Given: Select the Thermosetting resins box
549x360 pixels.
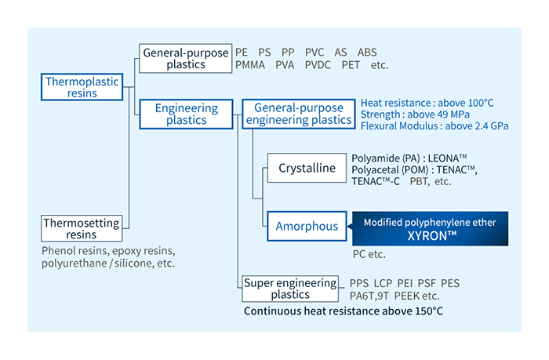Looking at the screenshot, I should pyautogui.click(x=82, y=228).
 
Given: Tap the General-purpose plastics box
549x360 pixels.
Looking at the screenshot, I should pyautogui.click(x=185, y=58).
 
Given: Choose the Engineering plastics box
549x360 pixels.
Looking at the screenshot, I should pyautogui.click(x=185, y=114).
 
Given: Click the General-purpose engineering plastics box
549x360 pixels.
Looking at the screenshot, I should pyautogui.click(x=298, y=114).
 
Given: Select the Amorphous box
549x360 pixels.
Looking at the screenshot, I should pyautogui.click(x=307, y=226).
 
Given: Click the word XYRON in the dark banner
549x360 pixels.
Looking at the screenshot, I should pyautogui.click(x=429, y=234).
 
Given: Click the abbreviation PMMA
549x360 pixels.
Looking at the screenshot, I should pyautogui.click(x=250, y=65).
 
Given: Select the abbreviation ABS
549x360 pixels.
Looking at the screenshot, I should pyautogui.click(x=367, y=52).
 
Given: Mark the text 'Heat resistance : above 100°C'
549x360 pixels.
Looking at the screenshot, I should pyautogui.click(x=427, y=103).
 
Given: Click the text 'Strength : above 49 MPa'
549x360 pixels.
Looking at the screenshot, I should pyautogui.click(x=415, y=115).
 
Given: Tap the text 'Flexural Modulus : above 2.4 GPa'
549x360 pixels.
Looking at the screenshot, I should pyautogui.click(x=434, y=126).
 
